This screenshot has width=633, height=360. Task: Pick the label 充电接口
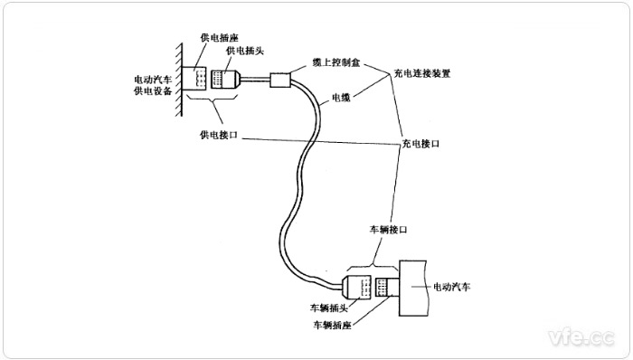pos(419,144)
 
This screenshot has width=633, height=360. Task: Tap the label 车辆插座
pos(331,324)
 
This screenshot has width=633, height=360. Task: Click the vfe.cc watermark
pos(581,337)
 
